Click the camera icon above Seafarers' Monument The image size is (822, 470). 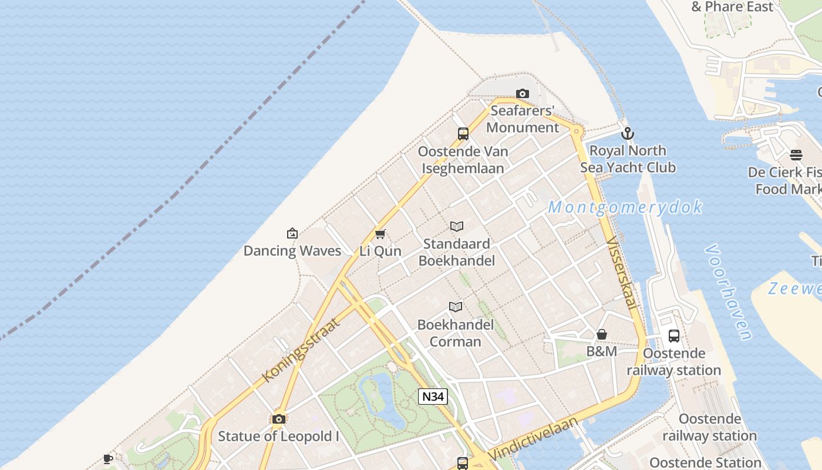522,94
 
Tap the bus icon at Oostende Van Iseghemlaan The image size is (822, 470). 463,134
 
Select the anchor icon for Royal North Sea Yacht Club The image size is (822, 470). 628,133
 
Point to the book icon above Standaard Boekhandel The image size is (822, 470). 457,227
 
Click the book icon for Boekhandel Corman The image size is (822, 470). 456,307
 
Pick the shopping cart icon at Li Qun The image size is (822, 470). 380,234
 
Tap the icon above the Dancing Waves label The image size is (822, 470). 292,234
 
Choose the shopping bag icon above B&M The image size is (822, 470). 602,334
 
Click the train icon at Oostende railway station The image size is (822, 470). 674,336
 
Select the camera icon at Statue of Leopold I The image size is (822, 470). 279,419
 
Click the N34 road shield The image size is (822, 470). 433,397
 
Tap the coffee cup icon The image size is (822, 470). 108,459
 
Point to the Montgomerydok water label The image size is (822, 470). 625,207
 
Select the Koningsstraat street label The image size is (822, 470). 301,350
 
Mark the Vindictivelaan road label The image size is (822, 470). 533,439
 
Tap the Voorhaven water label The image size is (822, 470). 729,292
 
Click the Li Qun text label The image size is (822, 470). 380,251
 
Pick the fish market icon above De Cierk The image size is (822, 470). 796,155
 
